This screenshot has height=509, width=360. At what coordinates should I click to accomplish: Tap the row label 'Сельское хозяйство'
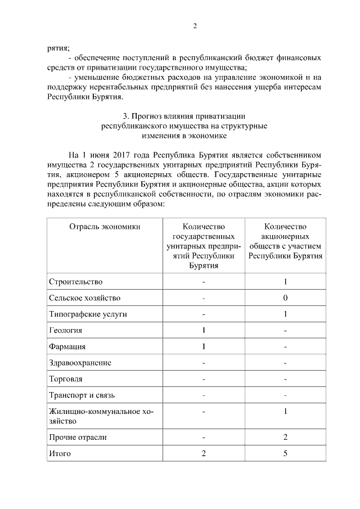(x=84, y=298)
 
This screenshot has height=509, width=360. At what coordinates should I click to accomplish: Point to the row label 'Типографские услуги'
(x=88, y=314)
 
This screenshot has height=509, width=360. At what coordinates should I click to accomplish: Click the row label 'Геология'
(x=66, y=330)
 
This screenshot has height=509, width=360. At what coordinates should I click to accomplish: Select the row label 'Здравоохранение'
(x=80, y=363)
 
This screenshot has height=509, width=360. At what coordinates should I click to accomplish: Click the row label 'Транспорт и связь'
(x=82, y=395)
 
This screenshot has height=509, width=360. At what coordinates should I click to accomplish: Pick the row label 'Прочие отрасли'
(x=78, y=436)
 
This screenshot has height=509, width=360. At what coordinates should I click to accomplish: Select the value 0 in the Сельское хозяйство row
(x=286, y=298)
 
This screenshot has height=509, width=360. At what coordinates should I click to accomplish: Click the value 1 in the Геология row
(x=204, y=330)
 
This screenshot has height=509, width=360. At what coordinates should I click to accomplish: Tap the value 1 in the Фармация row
(x=204, y=346)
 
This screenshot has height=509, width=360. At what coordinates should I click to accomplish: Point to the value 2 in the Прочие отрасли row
(x=286, y=436)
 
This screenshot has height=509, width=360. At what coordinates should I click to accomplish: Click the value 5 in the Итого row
(x=286, y=453)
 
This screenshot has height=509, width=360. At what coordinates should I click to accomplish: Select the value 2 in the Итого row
(x=204, y=453)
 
